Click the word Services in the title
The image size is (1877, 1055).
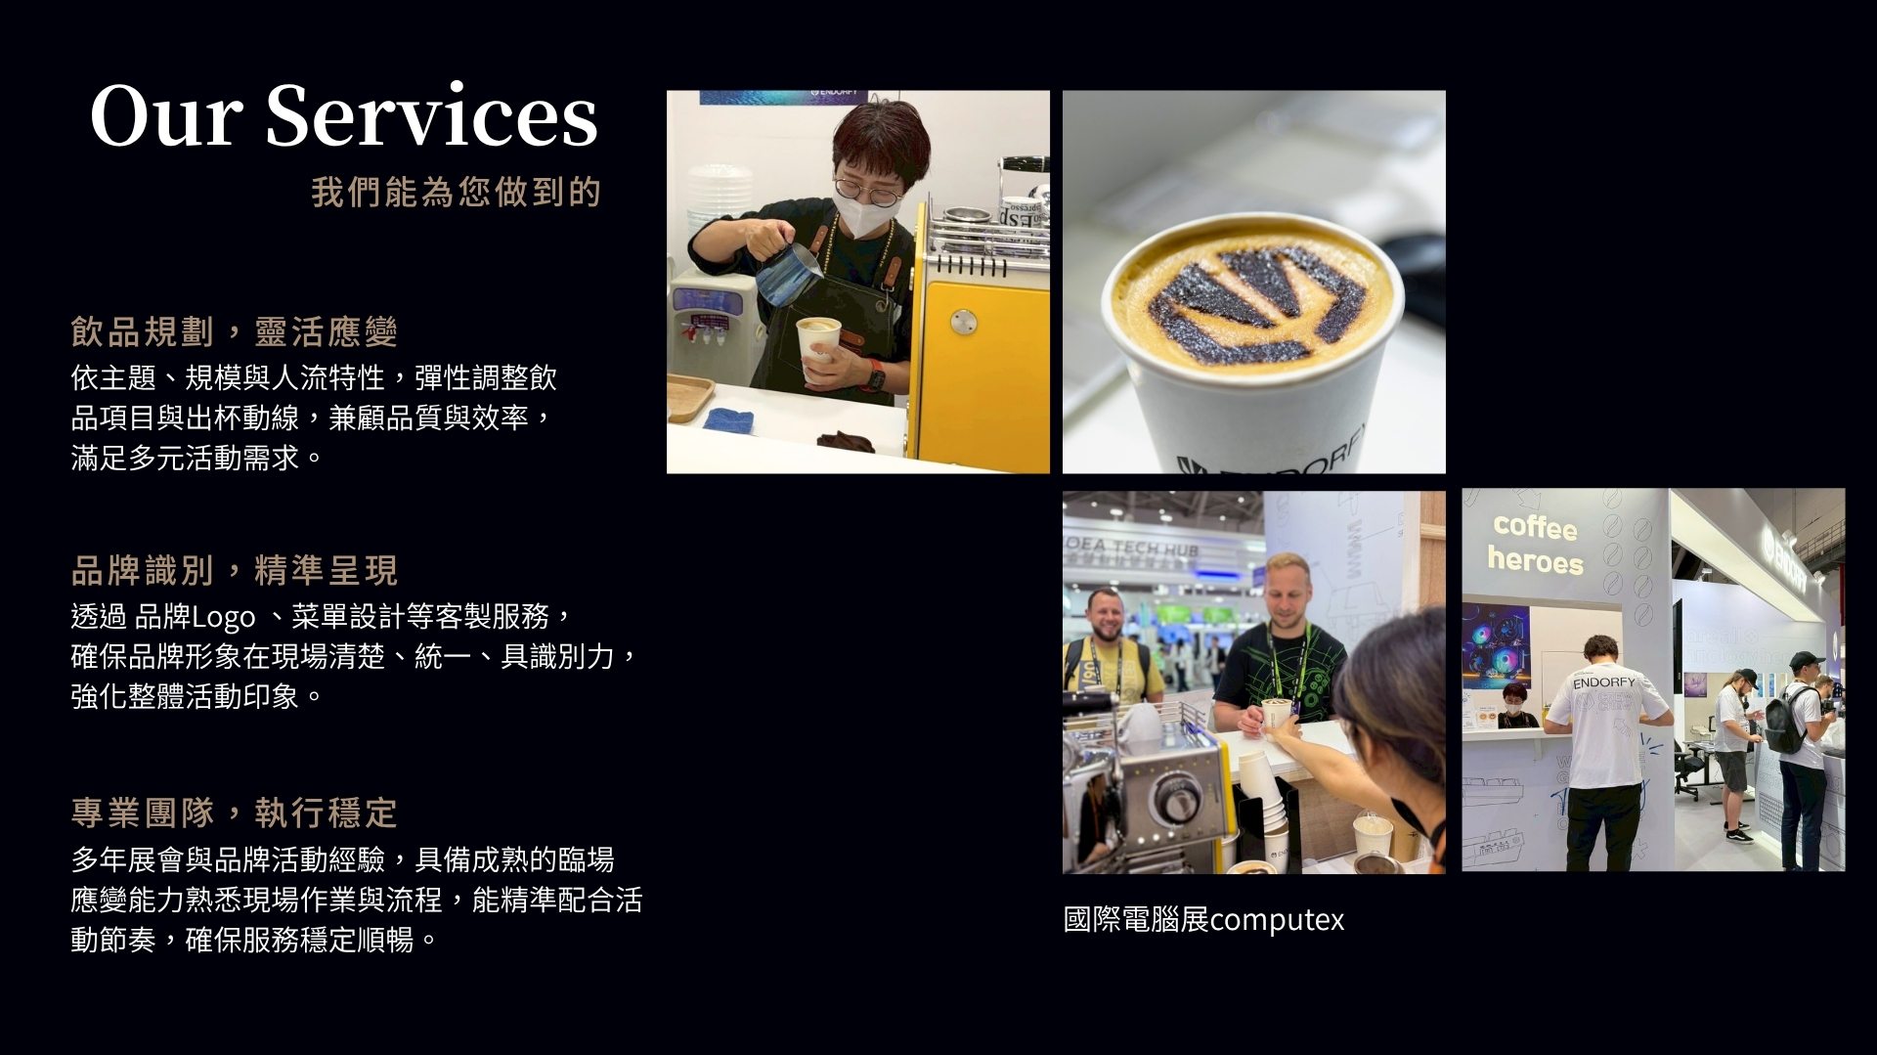coord(431,115)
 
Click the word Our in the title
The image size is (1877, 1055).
coord(166,115)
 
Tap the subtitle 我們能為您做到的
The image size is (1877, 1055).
coord(456,192)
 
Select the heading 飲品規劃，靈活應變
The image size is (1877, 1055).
coord(234,331)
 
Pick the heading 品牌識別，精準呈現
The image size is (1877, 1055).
coord(234,570)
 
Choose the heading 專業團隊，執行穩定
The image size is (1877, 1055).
coord(234,813)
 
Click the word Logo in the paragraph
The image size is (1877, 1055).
coord(223,618)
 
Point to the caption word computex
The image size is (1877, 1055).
coord(1276,920)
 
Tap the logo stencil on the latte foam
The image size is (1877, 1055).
coord(1256,303)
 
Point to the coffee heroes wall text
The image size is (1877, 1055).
coord(1534,544)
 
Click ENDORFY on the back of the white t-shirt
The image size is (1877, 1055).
coord(1603,681)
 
